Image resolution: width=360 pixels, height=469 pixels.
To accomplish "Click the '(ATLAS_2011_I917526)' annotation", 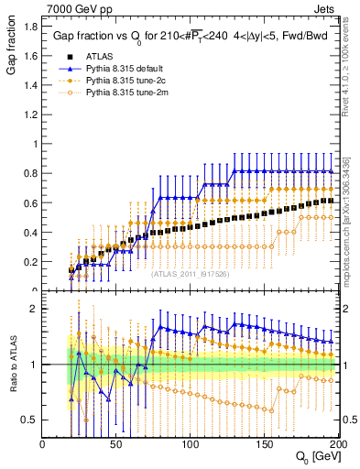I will (x=190, y=273).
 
